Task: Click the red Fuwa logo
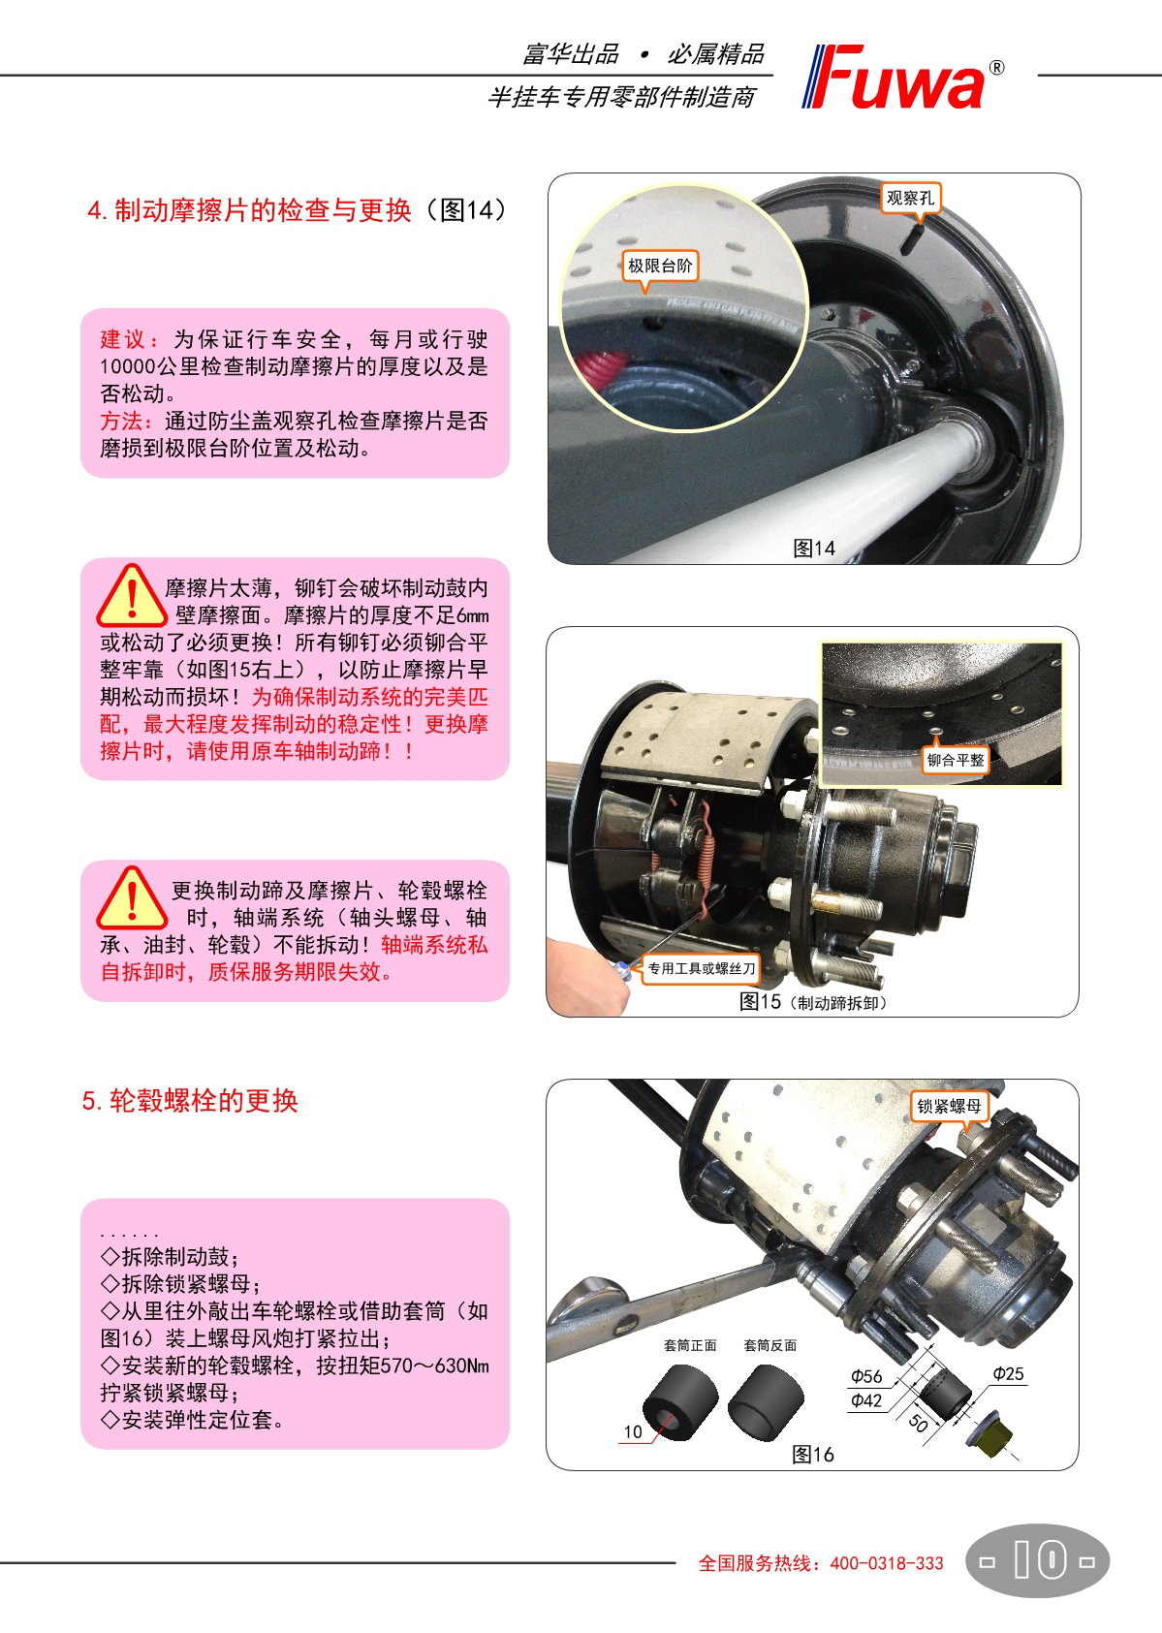(x=902, y=77)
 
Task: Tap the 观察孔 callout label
(x=910, y=199)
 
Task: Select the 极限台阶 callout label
(x=660, y=266)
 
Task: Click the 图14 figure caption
(x=813, y=549)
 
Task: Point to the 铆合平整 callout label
(x=956, y=761)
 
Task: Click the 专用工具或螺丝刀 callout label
(x=701, y=969)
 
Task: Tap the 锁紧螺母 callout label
(x=949, y=1106)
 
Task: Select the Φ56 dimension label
(x=866, y=1376)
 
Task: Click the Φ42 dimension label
(x=866, y=1400)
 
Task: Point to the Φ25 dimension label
(x=1008, y=1373)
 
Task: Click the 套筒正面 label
(x=690, y=1345)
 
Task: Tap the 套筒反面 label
(x=769, y=1345)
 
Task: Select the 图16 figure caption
(x=813, y=1455)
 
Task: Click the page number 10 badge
(x=1037, y=1561)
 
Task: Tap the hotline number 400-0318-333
(x=887, y=1563)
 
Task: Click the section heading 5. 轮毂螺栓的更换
(x=190, y=1101)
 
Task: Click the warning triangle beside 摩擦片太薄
(x=131, y=595)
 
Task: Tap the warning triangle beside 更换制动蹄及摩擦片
(x=131, y=897)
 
